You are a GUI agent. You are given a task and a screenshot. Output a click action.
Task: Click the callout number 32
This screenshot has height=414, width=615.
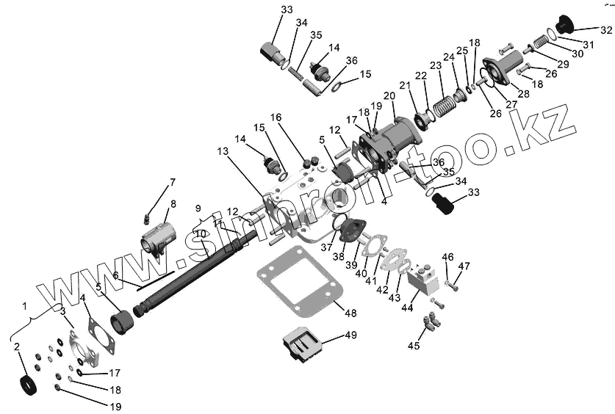(x=605, y=30)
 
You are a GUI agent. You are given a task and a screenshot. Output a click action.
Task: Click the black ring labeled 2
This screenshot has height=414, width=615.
(x=26, y=384)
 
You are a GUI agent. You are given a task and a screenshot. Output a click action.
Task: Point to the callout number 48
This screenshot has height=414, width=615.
(x=350, y=313)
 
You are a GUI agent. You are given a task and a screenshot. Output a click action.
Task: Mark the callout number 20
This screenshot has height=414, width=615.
(x=389, y=95)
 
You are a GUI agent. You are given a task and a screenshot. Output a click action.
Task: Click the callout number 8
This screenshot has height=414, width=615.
(x=173, y=204)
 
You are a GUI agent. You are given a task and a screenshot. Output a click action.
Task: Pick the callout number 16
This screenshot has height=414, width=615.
(x=276, y=117)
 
